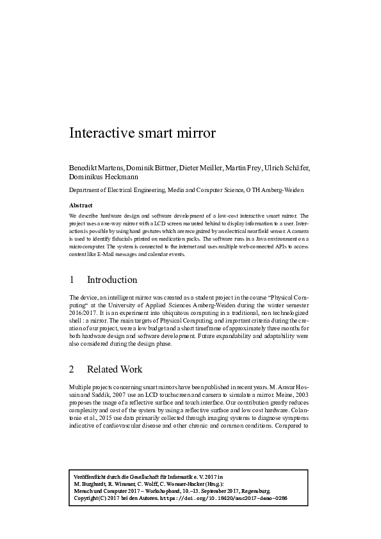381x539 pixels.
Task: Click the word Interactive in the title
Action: pyautogui.click(x=101, y=134)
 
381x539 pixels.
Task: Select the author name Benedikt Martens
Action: pyautogui.click(x=95, y=168)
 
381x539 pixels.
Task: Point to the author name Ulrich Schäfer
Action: pyautogui.click(x=287, y=168)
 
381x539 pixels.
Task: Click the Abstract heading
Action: pyautogui.click(x=81, y=205)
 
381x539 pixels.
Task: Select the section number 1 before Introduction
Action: pyautogui.click(x=72, y=280)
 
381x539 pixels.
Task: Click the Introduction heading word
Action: pyautogui.click(x=112, y=280)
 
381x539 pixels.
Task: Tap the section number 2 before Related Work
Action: pyautogui.click(x=72, y=369)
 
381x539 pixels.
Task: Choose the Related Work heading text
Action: pyautogui.click(x=115, y=369)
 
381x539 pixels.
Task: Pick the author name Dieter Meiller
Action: pyautogui.click(x=196, y=168)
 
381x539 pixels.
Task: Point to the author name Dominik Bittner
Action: pyautogui.click(x=147, y=168)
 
